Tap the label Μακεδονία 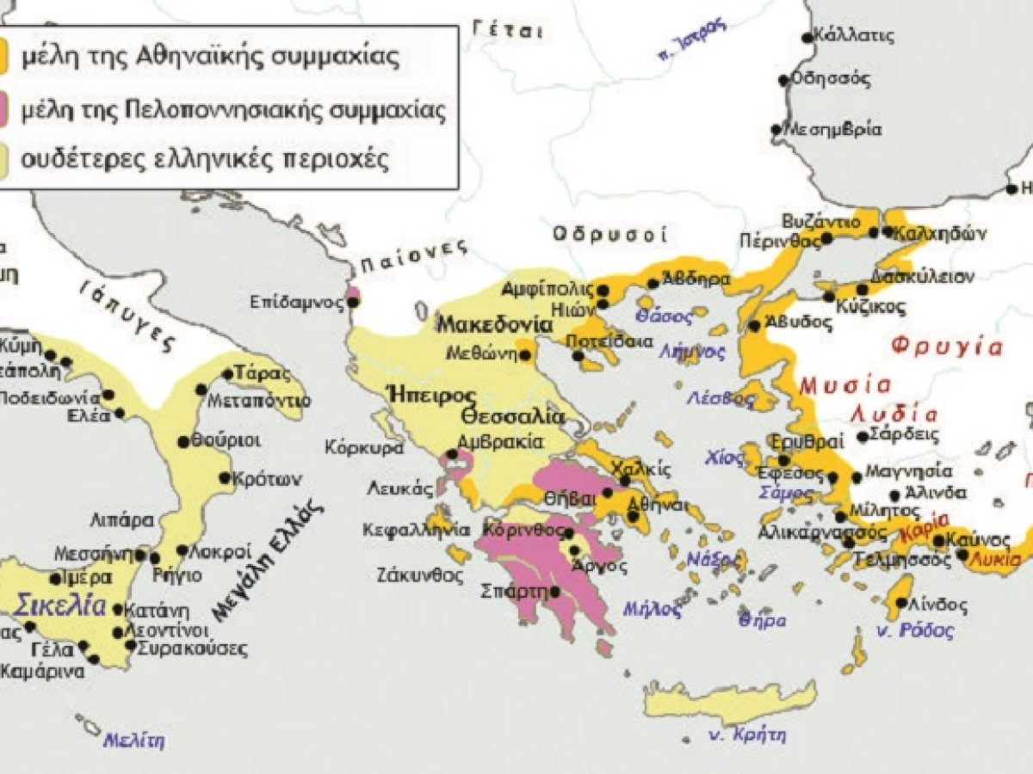click(x=493, y=325)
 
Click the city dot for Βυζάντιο click(x=826, y=237)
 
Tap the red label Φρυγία click(x=946, y=347)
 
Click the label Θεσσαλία click(x=512, y=417)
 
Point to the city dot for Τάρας click(x=228, y=374)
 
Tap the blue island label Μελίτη click(x=133, y=740)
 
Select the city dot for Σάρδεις click(x=863, y=437)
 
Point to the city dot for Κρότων click(x=225, y=478)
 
